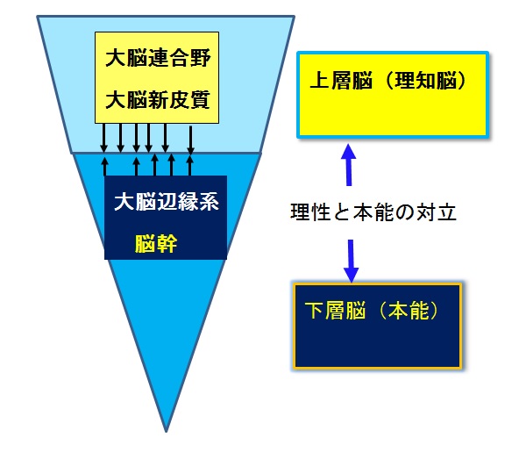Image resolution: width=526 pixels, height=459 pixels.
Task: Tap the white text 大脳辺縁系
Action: tap(166, 201)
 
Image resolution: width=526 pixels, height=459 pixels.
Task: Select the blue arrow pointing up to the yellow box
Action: tap(348, 165)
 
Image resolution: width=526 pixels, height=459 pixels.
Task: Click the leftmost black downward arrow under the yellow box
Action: tap(104, 136)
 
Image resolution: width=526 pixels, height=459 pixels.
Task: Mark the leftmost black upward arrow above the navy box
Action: tap(105, 165)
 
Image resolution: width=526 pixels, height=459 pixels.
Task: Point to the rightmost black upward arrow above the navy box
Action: tap(189, 165)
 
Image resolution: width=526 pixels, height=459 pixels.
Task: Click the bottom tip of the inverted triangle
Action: tap(166, 430)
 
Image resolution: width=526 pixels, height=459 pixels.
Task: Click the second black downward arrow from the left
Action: tap(121, 136)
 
